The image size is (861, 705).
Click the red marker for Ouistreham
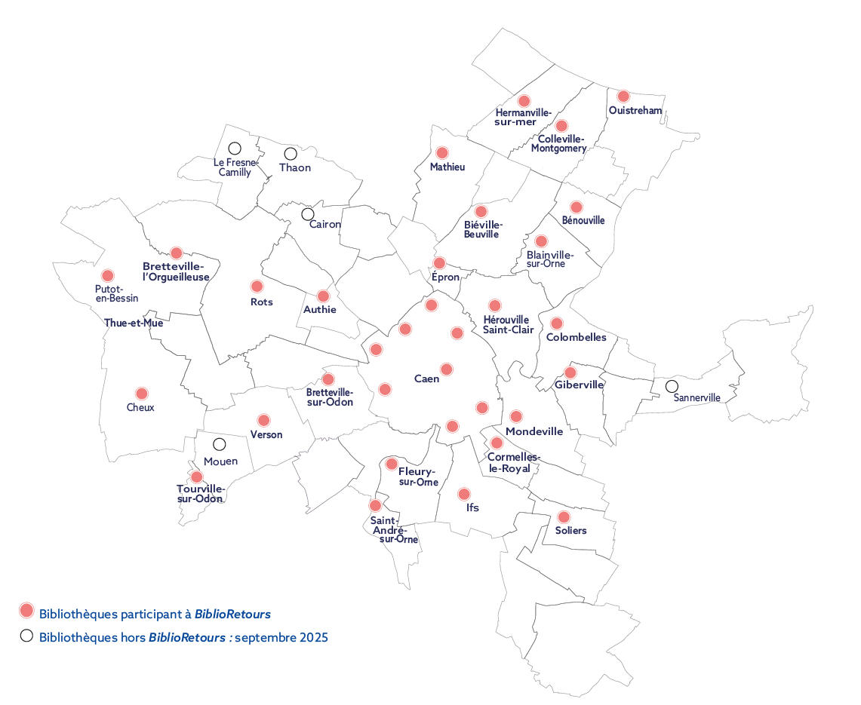pyautogui.click(x=623, y=97)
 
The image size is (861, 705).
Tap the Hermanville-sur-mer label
pyautogui.click(x=524, y=117)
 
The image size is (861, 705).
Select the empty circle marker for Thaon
pyautogui.click(x=291, y=154)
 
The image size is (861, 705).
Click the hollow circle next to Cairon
pyautogui.click(x=308, y=214)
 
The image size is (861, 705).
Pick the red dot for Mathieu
pyautogui.click(x=442, y=153)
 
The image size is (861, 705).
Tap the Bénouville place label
pyautogui.click(x=583, y=221)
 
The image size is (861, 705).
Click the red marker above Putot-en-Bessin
pyautogui.click(x=108, y=276)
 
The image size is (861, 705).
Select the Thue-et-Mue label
pyautogui.click(x=134, y=323)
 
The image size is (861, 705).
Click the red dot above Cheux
pyautogui.click(x=142, y=394)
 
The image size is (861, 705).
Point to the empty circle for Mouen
pyautogui.click(x=219, y=445)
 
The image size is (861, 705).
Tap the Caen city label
pyautogui.click(x=427, y=379)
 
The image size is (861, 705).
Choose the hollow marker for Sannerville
pyautogui.click(x=672, y=386)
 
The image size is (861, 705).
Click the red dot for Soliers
pyautogui.click(x=563, y=517)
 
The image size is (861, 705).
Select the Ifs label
pyautogui.click(x=473, y=508)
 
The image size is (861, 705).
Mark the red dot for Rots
pyautogui.click(x=257, y=287)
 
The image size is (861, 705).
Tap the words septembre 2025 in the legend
pyautogui.click(x=281, y=637)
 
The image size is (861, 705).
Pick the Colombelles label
pyautogui.click(x=576, y=338)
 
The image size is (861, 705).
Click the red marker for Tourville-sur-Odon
pyautogui.click(x=197, y=477)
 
